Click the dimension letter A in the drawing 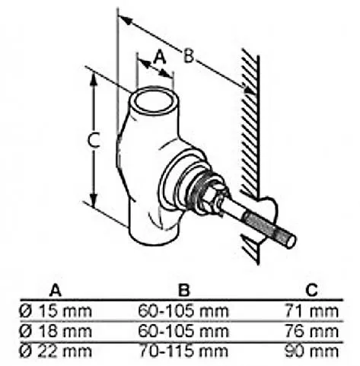click(160, 57)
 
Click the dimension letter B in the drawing click(189, 56)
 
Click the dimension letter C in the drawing click(94, 140)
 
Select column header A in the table click(56, 290)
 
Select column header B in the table click(183, 290)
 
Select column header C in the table click(311, 290)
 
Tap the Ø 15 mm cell click(56, 310)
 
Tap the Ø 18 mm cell click(56, 331)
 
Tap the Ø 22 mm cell click(56, 352)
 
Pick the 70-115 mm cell click(183, 352)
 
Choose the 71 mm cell click(311, 310)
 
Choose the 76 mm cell click(311, 331)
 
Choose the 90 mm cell click(311, 352)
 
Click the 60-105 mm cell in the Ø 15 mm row click(183, 310)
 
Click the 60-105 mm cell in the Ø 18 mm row click(183, 331)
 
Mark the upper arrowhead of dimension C click(94, 80)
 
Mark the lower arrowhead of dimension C click(94, 199)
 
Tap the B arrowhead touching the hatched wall click(248, 90)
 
